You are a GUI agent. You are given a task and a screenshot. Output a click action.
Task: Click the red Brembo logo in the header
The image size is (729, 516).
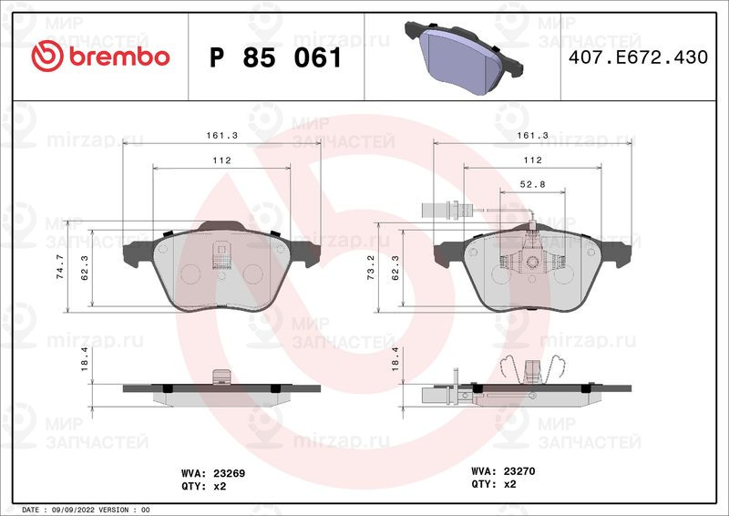click(100, 56)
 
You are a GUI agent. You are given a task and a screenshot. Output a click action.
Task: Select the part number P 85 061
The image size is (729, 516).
click(276, 58)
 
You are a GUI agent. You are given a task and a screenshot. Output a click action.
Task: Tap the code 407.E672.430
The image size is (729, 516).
click(638, 57)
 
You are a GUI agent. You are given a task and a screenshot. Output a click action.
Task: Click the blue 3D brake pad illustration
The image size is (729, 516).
click(464, 57)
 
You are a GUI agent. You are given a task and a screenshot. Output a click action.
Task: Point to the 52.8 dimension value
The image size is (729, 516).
click(532, 184)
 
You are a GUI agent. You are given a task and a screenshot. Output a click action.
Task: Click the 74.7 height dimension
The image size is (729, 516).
click(60, 266)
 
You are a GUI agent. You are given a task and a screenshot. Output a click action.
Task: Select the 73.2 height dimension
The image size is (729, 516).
click(371, 267)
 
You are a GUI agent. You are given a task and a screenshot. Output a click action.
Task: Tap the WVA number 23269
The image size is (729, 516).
click(230, 473)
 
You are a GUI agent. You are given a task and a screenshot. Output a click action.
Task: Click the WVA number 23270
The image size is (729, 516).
click(519, 470)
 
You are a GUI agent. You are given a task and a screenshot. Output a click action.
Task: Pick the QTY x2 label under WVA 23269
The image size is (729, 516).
click(203, 486)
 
